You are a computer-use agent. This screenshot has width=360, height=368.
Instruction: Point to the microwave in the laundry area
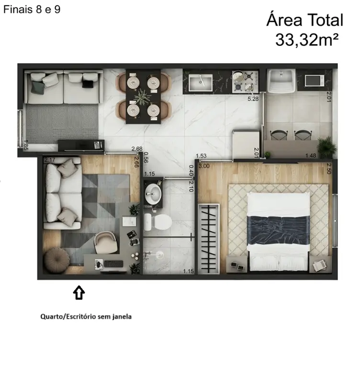coord(315,80)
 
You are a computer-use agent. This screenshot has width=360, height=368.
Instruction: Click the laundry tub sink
coord(281,80)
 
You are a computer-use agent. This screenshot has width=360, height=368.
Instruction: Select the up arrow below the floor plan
coord(79,292)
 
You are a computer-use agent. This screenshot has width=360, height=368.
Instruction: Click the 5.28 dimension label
coord(253,99)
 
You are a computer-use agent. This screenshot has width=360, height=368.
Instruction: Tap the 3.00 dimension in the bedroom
coord(204,166)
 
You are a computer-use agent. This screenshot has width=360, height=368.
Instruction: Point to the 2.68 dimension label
coord(137,149)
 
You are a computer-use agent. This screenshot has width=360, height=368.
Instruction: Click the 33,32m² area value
coord(307,40)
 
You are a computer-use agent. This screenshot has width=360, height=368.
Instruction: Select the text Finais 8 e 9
coord(32,10)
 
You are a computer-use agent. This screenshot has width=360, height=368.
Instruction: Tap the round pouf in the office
coord(57,260)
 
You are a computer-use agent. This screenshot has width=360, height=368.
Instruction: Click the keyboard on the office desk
coord(114,264)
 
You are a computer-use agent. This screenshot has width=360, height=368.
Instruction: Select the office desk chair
coord(106,242)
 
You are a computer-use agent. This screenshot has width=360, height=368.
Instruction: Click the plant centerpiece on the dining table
coord(142,97)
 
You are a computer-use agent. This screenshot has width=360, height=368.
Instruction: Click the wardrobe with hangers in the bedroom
coord(209,239)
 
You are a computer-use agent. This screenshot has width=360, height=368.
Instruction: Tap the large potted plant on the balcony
coord(326,147)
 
